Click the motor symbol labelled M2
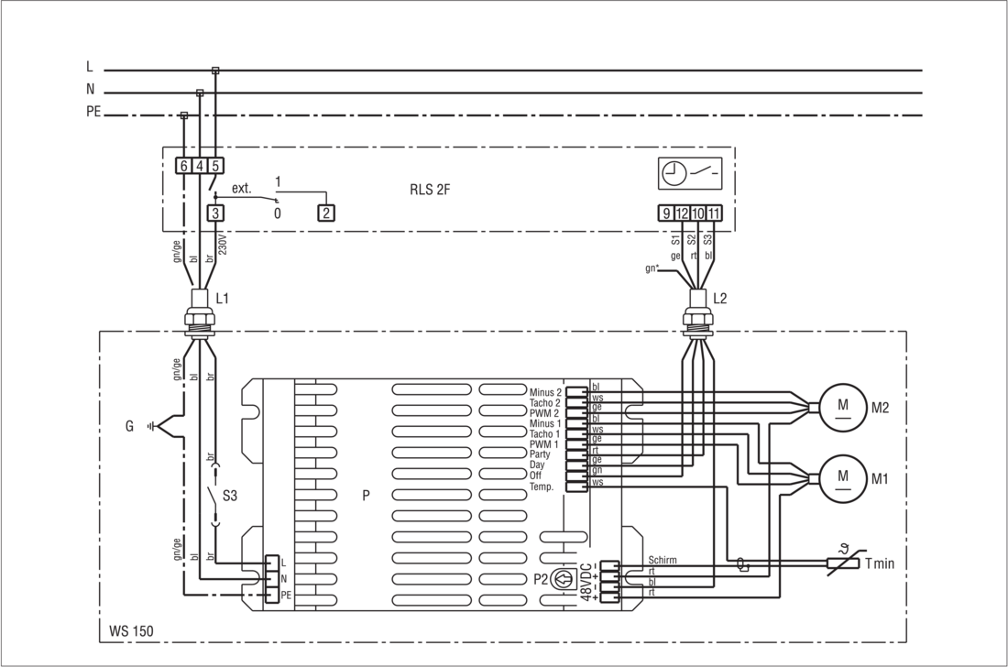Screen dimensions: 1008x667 point(843,406)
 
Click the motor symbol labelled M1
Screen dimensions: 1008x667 point(843,478)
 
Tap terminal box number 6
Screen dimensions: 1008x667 point(184,166)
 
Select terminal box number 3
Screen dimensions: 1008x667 point(215,213)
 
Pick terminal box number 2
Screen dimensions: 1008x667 point(326,213)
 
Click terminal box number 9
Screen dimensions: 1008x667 point(666,213)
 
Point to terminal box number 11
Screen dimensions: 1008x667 point(714,213)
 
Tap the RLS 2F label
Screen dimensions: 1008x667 point(430,191)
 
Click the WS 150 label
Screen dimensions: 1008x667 point(131,630)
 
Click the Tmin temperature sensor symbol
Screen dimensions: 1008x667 point(843,563)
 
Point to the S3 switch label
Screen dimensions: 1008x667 point(229,496)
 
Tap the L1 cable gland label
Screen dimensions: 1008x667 point(222,299)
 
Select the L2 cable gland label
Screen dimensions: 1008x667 point(720,299)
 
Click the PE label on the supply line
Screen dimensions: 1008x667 point(93,112)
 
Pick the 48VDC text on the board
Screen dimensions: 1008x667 point(586,582)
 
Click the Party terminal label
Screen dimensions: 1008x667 point(540,454)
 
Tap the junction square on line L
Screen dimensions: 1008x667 point(215,70)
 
